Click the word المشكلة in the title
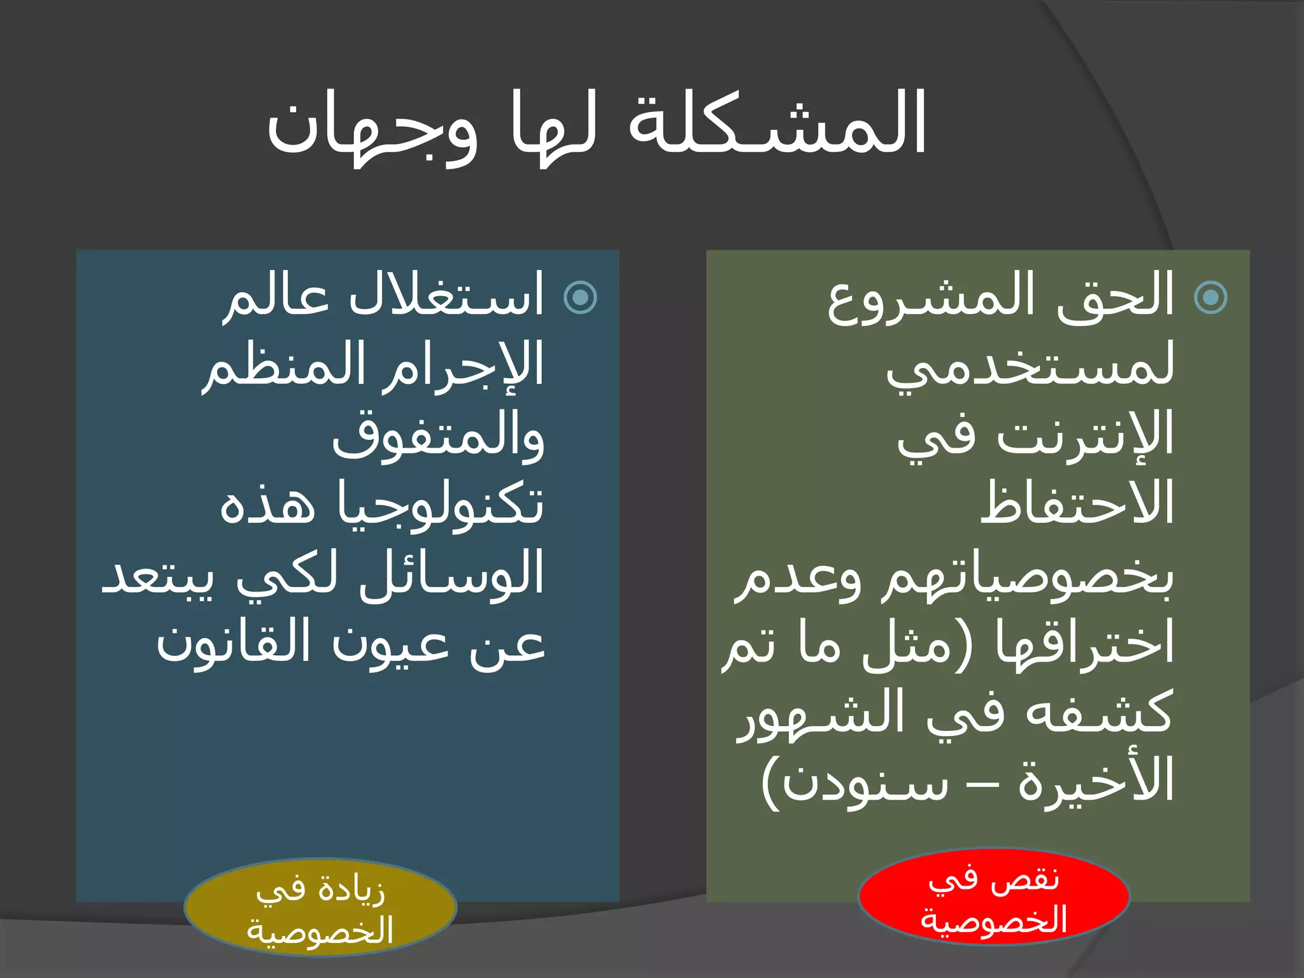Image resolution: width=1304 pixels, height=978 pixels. coord(777,124)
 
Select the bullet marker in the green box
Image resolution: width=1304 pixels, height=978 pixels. coord(1210,297)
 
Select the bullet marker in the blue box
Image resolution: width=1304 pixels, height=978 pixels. coord(581,297)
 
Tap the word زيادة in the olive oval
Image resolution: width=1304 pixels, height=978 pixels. coord(353,889)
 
